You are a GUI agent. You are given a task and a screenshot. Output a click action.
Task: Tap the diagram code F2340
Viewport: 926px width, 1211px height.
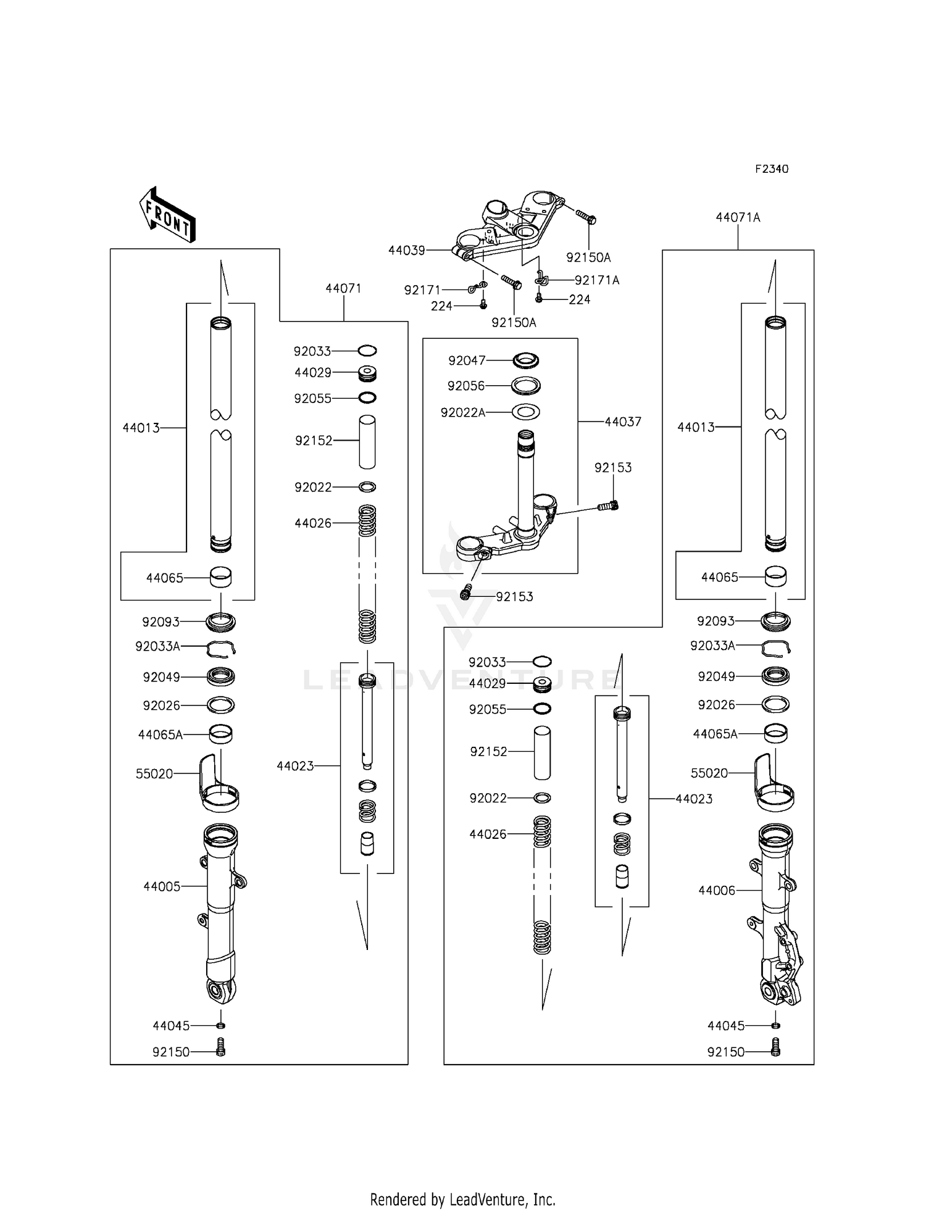click(x=772, y=169)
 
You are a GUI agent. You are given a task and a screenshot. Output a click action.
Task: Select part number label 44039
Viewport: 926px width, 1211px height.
click(x=406, y=250)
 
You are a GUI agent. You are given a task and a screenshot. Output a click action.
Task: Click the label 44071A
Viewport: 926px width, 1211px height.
click(x=738, y=217)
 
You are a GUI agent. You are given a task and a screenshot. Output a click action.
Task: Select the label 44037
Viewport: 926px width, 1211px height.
click(x=622, y=422)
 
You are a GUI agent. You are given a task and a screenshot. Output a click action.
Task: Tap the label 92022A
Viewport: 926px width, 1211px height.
click(x=462, y=412)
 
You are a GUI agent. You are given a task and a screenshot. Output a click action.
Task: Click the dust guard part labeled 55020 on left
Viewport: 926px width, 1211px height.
click(x=217, y=783)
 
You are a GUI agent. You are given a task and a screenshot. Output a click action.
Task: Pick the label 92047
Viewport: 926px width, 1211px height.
click(x=467, y=360)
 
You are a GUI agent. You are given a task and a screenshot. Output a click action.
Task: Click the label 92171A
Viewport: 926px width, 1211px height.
click(x=596, y=280)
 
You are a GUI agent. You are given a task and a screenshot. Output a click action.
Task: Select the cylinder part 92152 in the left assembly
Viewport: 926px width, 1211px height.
click(x=367, y=442)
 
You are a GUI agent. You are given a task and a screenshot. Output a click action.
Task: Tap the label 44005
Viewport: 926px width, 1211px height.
click(x=162, y=886)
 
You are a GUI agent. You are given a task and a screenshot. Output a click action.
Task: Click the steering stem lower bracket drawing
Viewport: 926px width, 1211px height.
click(x=506, y=518)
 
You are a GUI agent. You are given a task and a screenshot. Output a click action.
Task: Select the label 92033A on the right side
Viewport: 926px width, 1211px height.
click(x=712, y=646)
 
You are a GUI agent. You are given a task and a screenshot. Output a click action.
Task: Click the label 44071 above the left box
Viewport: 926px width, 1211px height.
click(x=343, y=288)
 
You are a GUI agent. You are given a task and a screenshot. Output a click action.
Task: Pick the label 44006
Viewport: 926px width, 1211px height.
click(x=717, y=890)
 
